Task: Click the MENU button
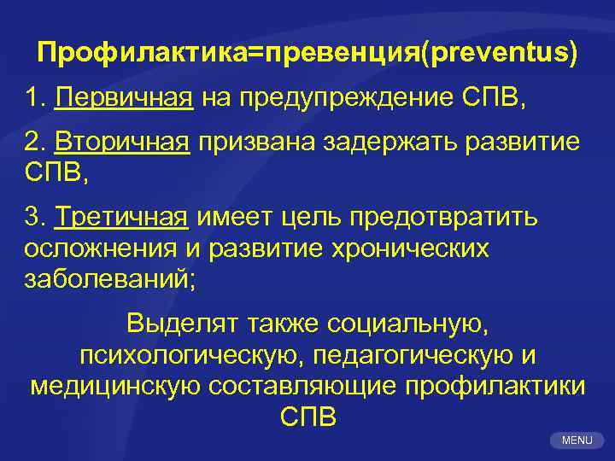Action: pos(577,440)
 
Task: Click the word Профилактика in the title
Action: pos(141,53)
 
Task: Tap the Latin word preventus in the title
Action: pos(503,53)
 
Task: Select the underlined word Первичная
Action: pos(123,98)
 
